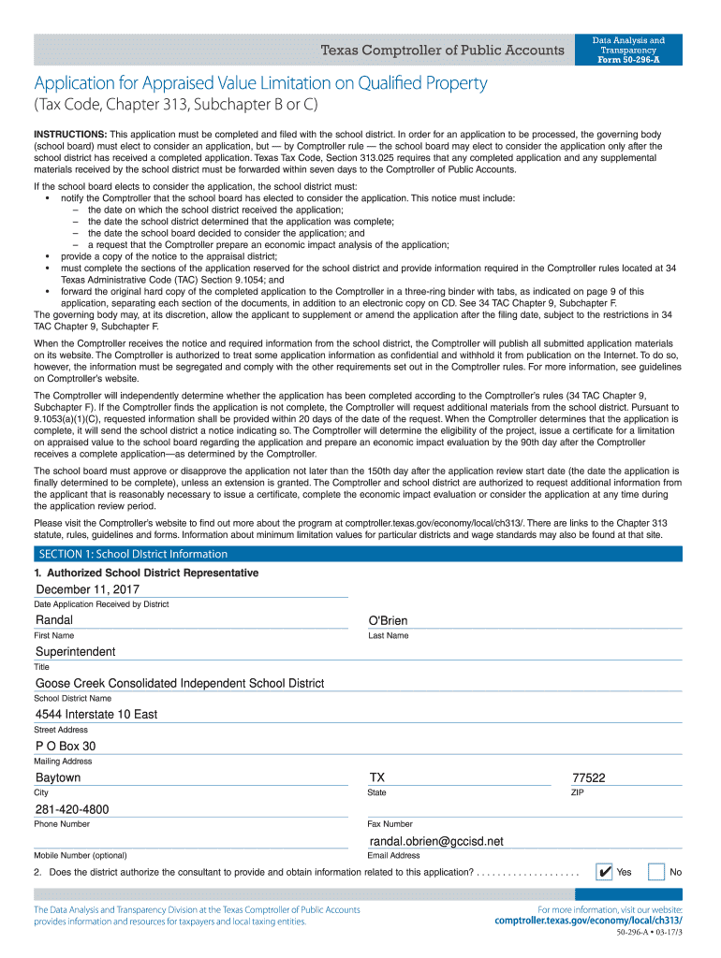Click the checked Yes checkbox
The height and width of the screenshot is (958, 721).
click(605, 872)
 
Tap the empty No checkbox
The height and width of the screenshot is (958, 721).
click(656, 872)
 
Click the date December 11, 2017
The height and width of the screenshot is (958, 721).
click(87, 589)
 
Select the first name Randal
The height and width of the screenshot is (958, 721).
click(54, 620)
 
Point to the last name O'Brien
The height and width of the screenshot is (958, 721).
click(389, 621)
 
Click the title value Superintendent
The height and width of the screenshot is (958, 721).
click(76, 651)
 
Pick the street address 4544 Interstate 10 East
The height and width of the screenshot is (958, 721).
click(96, 714)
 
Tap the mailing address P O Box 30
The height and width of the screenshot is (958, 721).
click(66, 746)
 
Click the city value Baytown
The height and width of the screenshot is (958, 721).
click(58, 777)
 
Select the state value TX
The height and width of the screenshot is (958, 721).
click(377, 777)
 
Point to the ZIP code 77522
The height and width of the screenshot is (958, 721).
click(588, 777)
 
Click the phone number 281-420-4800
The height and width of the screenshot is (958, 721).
click(72, 809)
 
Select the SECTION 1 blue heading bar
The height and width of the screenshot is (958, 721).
click(360, 554)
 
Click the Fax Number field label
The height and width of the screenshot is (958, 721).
click(390, 824)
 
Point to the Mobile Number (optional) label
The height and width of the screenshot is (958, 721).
click(80, 855)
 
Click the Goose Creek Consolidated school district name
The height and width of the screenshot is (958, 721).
click(180, 683)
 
